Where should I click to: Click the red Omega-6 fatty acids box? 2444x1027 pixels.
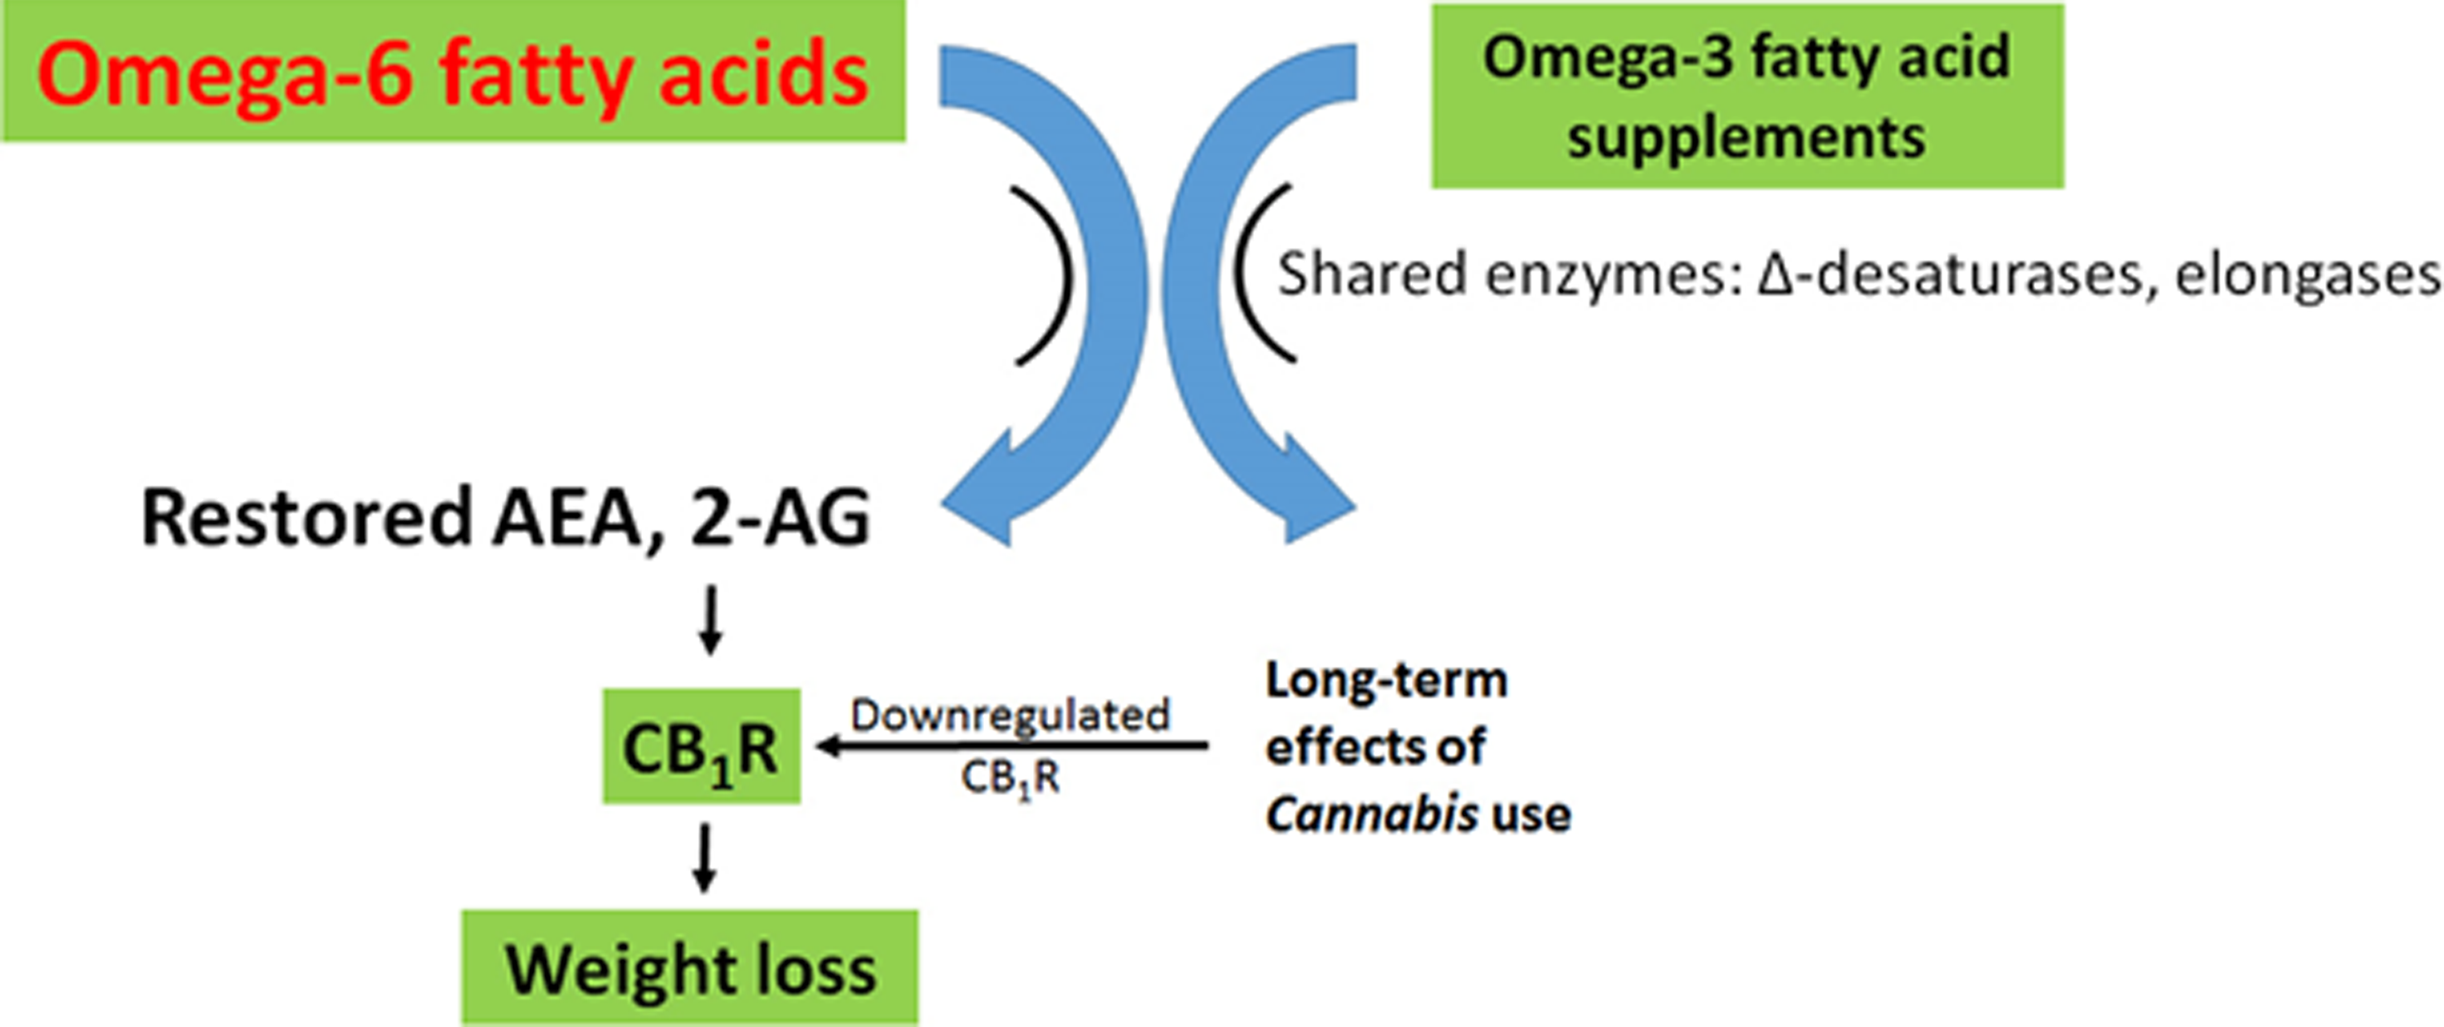pyautogui.click(x=454, y=71)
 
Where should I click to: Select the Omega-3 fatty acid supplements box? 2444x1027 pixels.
pyautogui.click(x=1747, y=96)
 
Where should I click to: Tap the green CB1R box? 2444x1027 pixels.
pyautogui.click(x=701, y=746)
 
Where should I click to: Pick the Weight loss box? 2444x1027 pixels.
pyautogui.click(x=690, y=968)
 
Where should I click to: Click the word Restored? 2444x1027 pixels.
pyautogui.click(x=306, y=518)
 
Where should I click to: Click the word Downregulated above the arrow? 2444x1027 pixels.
pyautogui.click(x=1009, y=715)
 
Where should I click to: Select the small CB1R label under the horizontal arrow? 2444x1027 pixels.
pyautogui.click(x=1009, y=778)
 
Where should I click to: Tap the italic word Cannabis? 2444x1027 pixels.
pyautogui.click(x=1371, y=814)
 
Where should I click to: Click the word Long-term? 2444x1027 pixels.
pyautogui.click(x=1386, y=681)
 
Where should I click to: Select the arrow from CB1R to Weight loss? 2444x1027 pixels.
pyautogui.click(x=703, y=858)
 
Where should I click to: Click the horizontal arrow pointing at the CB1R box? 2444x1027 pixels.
pyautogui.click(x=1011, y=746)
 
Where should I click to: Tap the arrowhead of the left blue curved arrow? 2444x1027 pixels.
pyautogui.click(x=987, y=494)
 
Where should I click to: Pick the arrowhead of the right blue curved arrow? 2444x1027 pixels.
pyautogui.click(x=1309, y=494)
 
